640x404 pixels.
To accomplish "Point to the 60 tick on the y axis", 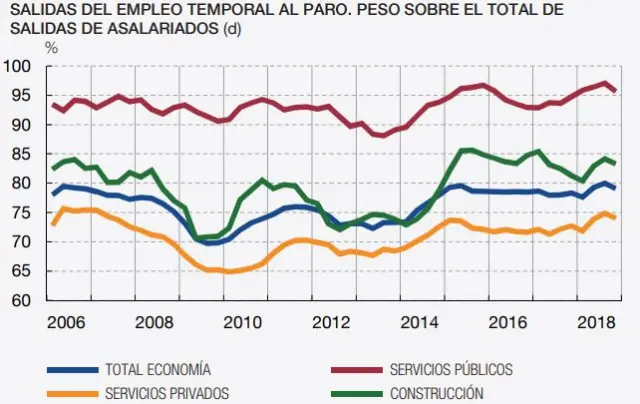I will (21, 300).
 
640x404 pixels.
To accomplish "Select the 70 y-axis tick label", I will (21, 242).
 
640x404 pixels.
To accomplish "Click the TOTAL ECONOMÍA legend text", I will (158, 368).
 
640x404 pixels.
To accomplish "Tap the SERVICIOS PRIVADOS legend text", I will (167, 393).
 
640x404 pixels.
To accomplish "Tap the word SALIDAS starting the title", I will (37, 10).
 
